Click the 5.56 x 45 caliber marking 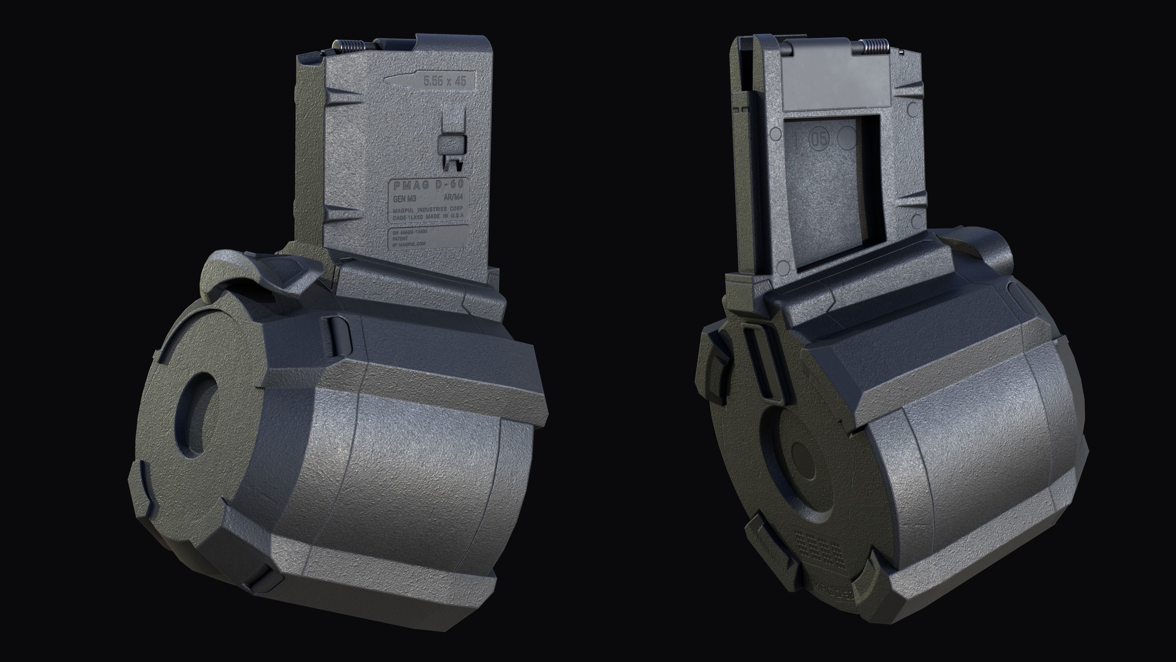pos(445,81)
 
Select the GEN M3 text pos(404,199)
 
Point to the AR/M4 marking pos(453,198)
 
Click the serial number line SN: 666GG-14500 pos(409,232)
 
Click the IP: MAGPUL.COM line pos(409,245)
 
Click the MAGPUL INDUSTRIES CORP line pos(428,210)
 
